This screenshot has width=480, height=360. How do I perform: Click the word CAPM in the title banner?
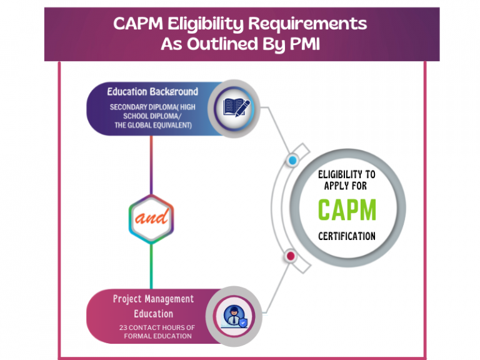[x=139, y=24]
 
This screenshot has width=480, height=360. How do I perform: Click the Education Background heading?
[x=152, y=92]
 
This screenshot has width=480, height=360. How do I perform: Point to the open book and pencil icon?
[x=237, y=107]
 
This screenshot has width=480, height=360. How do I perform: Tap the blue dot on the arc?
[x=292, y=161]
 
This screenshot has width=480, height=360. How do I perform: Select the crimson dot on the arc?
[x=290, y=256]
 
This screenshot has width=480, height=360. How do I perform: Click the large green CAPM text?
[x=346, y=210]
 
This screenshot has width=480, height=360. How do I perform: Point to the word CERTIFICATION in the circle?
[x=346, y=236]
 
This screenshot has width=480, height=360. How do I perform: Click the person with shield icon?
[x=234, y=315]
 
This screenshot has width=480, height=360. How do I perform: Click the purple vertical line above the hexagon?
[x=151, y=166]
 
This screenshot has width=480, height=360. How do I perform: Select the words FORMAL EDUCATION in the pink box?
[x=157, y=336]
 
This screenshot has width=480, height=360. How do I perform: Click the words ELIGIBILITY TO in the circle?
[x=346, y=174]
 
